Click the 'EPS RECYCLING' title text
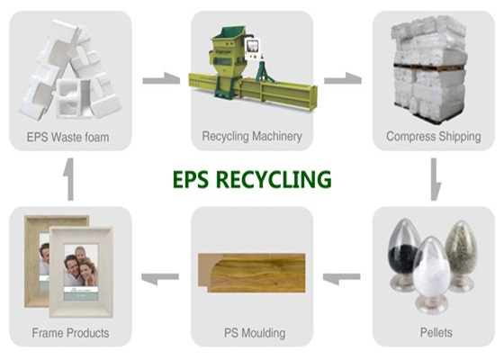tap(252, 179)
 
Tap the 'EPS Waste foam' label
tap(67, 137)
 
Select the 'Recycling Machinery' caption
tap(252, 136)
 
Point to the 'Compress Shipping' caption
tap(434, 136)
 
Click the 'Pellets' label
tap(436, 332)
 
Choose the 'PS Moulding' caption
tap(255, 333)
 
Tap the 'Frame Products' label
tap(70, 333)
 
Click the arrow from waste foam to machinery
tap(161, 78)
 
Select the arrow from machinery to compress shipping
tap(343, 78)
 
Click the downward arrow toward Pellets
tap(436, 179)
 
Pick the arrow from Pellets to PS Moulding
tap(341, 278)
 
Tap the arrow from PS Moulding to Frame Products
tap(160, 278)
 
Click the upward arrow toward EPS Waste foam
tap(69, 179)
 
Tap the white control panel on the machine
tap(252, 49)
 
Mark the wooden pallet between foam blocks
tap(429, 67)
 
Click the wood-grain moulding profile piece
tap(252, 273)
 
